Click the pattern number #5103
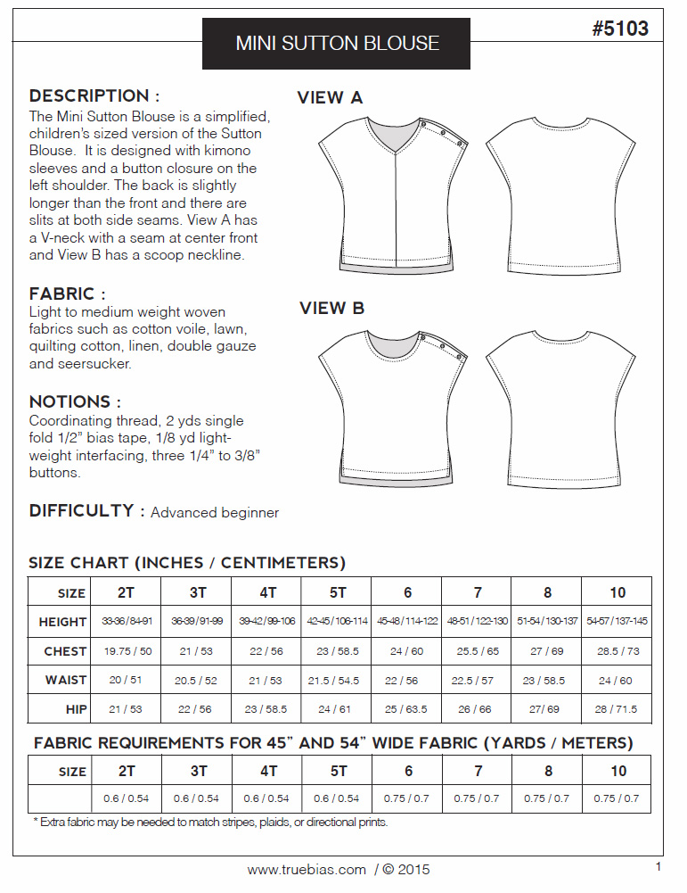619,29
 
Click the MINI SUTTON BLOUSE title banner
337,43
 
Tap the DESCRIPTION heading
94,96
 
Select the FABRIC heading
68,294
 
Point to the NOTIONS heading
75,401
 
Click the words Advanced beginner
215,513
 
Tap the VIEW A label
330,98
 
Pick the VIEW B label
331,309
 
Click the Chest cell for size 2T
127,651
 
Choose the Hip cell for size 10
617,708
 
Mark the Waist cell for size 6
406,680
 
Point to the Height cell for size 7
477,622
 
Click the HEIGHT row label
62,622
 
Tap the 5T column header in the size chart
337,592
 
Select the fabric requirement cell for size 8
547,798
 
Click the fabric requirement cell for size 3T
198,798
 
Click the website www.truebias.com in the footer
307,870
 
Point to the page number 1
658,866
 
